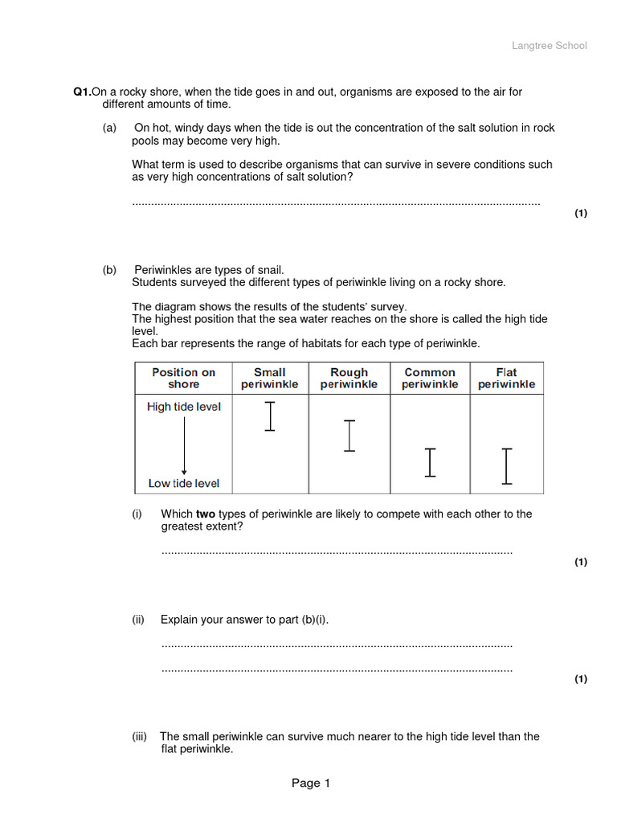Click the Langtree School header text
coord(550,46)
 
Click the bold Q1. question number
coord(82,92)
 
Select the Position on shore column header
coord(183,378)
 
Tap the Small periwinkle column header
coord(269,378)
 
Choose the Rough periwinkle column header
coord(349,378)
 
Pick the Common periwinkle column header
coord(430,378)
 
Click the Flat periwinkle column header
coord(506,378)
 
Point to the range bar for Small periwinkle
coord(270,416)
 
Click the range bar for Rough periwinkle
coord(349,435)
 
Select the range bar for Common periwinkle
coord(431,462)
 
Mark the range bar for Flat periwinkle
coord(506,466)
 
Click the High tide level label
coord(183,407)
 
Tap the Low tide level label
coord(183,484)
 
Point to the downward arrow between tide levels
coord(184,446)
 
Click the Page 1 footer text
coord(311,784)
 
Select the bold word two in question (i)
coord(206,514)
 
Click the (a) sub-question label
coord(109,128)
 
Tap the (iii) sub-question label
coord(140,736)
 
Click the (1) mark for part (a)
coord(580,213)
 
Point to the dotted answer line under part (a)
coord(336,203)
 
